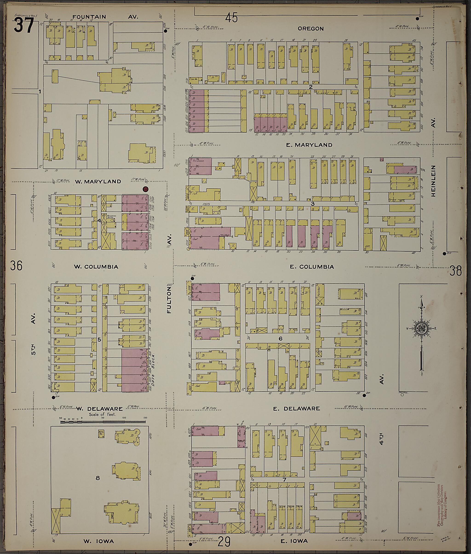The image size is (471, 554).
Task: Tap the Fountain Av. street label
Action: tap(89, 17)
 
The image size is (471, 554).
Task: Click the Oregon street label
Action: tap(310, 29)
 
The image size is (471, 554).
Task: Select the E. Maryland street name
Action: tap(309, 145)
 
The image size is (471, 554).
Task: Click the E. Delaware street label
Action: tap(296, 409)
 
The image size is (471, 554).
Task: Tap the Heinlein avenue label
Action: tap(433, 181)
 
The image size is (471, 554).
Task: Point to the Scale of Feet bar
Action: tap(103, 422)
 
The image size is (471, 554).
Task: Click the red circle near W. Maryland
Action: tap(146, 189)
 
